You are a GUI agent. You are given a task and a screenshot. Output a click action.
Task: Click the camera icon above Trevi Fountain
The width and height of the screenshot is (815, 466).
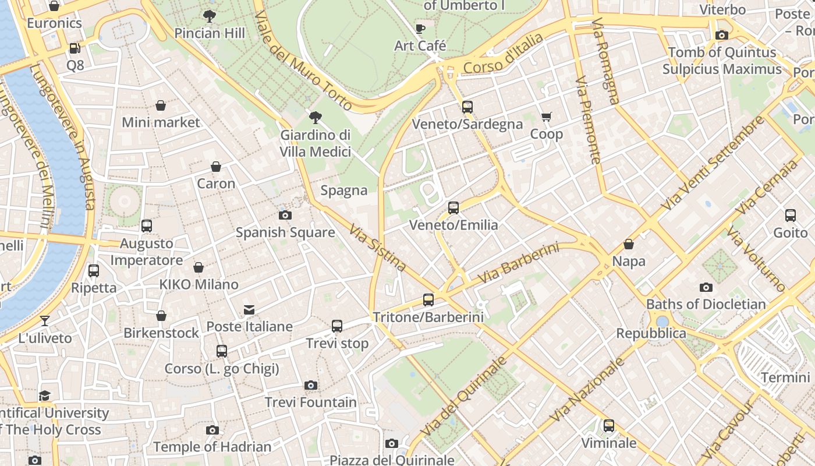pos(311,385)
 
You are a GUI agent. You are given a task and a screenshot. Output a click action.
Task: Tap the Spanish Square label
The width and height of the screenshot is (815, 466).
pos(285,232)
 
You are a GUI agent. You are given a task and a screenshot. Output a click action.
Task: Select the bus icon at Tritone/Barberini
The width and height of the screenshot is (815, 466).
pos(428,300)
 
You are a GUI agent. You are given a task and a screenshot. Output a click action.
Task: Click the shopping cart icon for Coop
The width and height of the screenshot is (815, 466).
pos(546,117)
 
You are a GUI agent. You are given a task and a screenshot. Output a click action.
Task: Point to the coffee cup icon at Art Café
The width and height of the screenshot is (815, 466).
pos(420,29)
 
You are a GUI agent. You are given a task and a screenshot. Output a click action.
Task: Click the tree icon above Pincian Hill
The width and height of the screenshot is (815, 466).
pos(210,16)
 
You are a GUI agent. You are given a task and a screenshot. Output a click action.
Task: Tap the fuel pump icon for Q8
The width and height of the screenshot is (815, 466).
pos(75,48)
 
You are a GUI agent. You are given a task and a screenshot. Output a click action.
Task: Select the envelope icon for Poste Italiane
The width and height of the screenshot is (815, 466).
pos(249,309)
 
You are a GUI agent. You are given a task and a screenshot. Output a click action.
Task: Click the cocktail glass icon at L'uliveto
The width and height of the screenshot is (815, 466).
pos(45,320)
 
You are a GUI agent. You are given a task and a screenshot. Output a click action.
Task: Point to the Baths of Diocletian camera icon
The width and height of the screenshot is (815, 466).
pos(706,287)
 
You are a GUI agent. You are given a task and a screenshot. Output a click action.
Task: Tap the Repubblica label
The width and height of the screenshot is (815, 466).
pos(651,334)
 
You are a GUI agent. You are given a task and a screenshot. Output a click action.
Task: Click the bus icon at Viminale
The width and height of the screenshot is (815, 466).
pos(609,426)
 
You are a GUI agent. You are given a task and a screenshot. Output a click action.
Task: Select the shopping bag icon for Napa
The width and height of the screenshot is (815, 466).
pos(629,244)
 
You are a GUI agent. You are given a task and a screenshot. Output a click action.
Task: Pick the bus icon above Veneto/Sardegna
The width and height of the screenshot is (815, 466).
pos(467,107)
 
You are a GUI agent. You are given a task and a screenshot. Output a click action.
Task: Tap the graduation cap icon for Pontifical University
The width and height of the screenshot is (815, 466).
pos(45,396)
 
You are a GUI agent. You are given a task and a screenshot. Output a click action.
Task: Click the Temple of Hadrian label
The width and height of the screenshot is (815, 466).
pos(212,447)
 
